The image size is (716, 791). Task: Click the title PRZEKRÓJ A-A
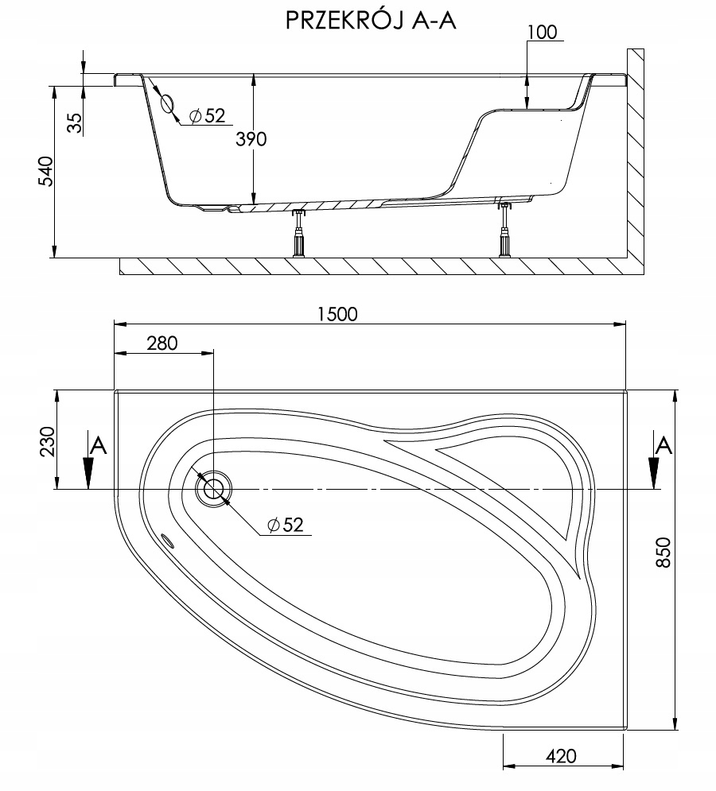(x=370, y=21)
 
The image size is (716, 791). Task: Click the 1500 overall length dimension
(x=337, y=313)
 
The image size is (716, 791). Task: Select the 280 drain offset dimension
(x=161, y=343)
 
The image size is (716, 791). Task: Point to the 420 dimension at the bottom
(x=560, y=756)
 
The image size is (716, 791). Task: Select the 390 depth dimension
(x=251, y=138)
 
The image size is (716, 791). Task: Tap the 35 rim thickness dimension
(x=74, y=123)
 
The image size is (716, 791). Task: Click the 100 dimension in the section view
(x=542, y=33)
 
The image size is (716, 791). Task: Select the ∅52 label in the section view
(x=208, y=116)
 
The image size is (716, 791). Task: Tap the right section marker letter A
(x=662, y=446)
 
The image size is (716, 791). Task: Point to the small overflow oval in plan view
(x=169, y=541)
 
